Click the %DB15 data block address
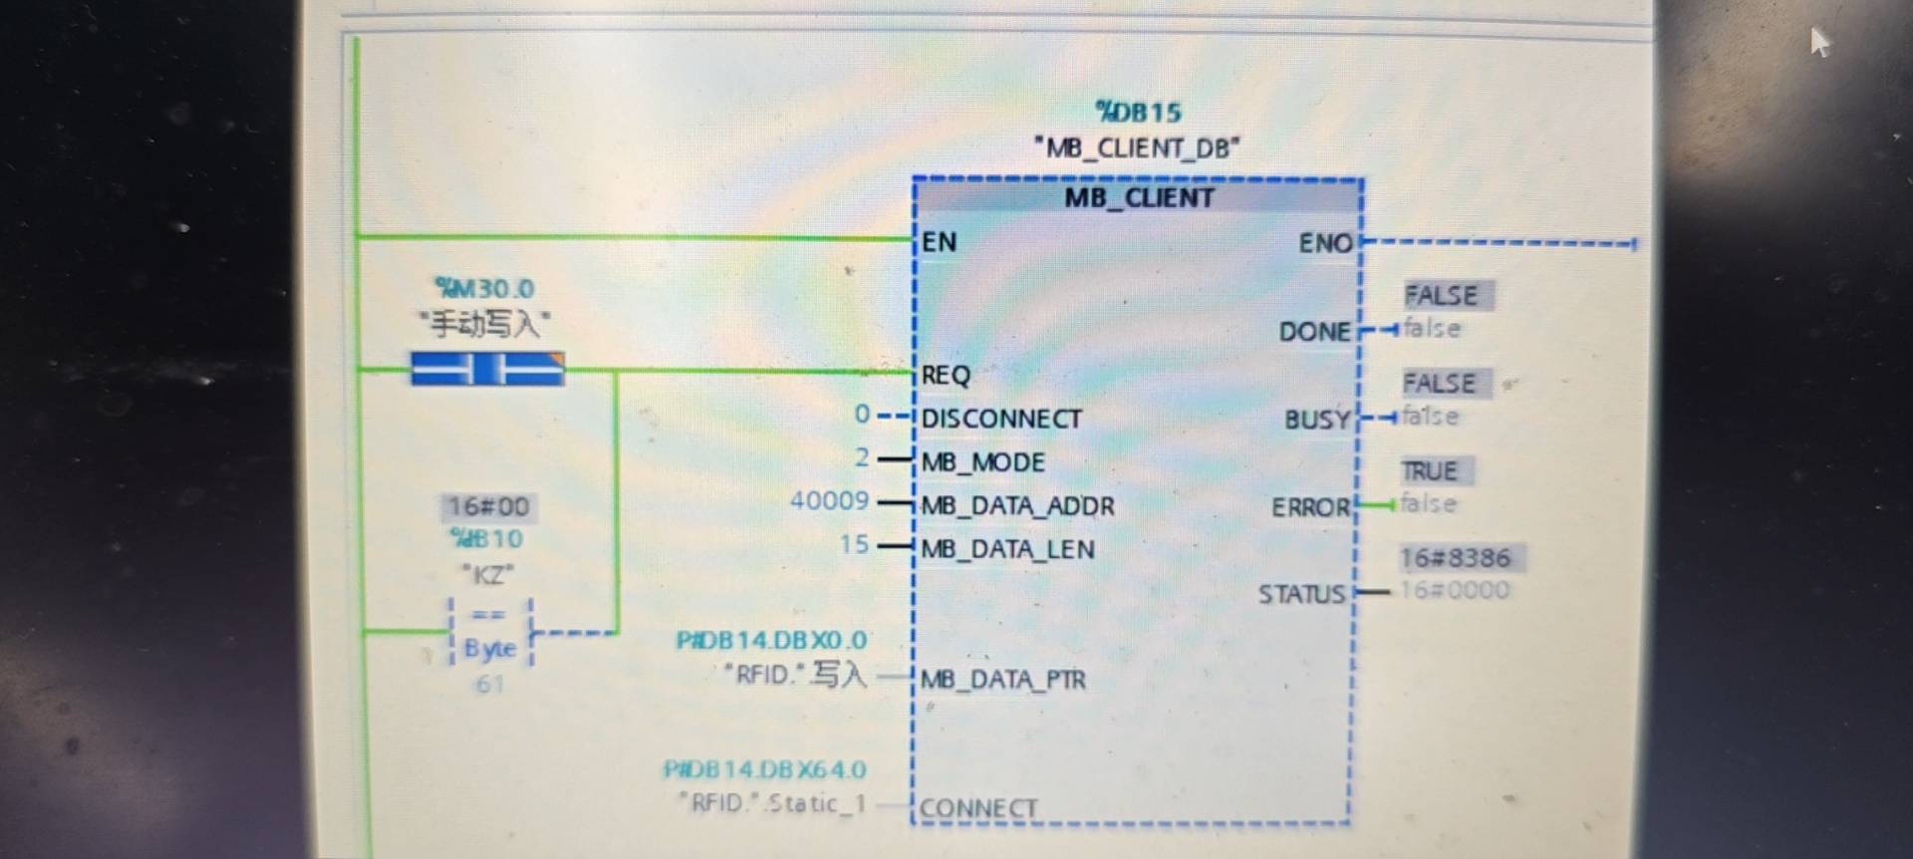(x=1138, y=112)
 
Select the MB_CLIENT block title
(x=1139, y=197)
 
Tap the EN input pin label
(x=939, y=242)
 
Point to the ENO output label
(x=1325, y=243)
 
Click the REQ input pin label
(x=945, y=375)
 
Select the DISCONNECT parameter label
(x=1000, y=419)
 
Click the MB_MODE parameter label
(x=982, y=462)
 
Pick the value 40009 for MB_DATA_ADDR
(x=829, y=500)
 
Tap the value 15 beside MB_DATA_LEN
(x=854, y=544)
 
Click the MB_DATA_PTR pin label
(x=1002, y=680)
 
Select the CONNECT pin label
(x=978, y=808)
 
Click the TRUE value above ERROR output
(x=1429, y=470)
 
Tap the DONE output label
(x=1314, y=332)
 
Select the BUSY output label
(x=1316, y=420)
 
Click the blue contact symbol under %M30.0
(x=487, y=370)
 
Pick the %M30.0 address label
(x=485, y=289)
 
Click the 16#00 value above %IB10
(x=487, y=506)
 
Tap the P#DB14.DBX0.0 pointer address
(x=771, y=640)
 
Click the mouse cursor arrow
(x=1818, y=41)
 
